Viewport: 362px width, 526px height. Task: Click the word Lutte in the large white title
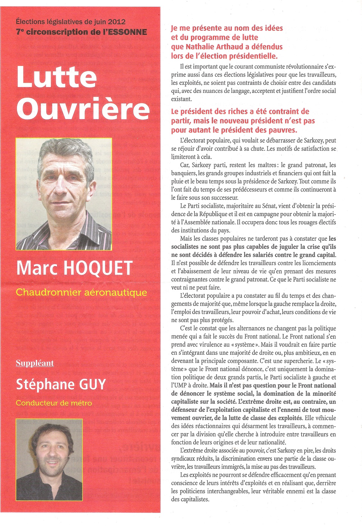[57, 77]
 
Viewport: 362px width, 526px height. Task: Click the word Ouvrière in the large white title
[83, 109]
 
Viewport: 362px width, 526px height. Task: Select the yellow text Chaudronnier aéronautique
[81, 292]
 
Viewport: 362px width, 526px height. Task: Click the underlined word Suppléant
[35, 363]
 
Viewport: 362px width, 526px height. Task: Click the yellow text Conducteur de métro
[54, 403]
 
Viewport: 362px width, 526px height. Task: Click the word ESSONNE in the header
[128, 32]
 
